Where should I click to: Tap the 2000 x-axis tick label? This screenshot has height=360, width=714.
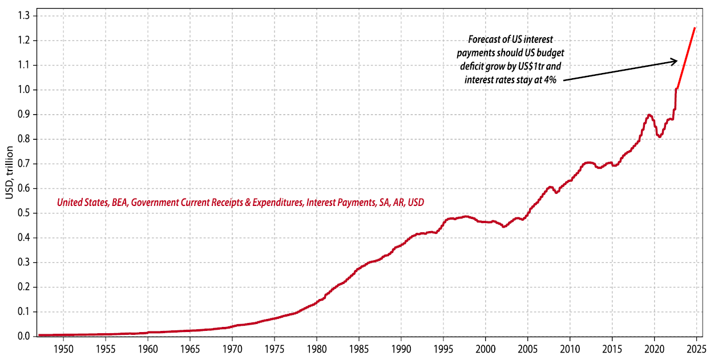click(486, 347)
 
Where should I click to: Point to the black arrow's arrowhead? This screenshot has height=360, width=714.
click(675, 60)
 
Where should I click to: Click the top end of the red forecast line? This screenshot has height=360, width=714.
click(695, 27)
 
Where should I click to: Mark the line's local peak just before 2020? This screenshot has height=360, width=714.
click(650, 115)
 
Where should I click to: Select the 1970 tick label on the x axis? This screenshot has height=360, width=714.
click(232, 347)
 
